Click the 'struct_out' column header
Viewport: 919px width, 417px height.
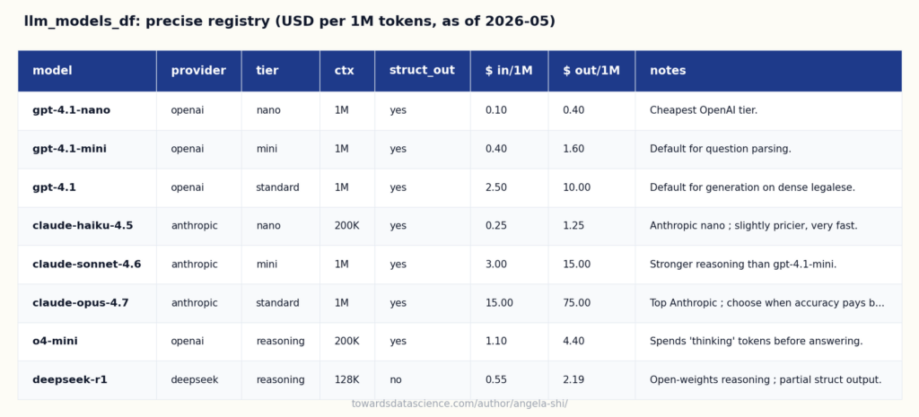422,70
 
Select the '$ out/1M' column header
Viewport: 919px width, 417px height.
591,70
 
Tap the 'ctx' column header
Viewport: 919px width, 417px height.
344,70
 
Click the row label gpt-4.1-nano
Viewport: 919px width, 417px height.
72,110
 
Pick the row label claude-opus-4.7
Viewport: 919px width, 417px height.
80,303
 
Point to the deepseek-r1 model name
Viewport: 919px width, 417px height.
70,379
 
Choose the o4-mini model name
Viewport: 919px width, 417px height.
55,341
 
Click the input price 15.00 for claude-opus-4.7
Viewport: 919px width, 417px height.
499,303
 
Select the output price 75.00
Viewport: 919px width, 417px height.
577,303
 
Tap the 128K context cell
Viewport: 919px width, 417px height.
346,379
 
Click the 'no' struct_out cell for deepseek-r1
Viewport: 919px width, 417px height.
396,380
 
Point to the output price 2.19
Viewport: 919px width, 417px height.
573,379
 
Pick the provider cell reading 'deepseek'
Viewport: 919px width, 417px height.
195,379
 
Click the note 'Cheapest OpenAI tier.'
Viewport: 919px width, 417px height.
704,110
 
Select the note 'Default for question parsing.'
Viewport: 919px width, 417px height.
721,149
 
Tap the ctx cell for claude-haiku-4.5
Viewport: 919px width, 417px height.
346,225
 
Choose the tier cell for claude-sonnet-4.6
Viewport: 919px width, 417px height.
267,265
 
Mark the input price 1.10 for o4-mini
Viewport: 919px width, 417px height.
495,341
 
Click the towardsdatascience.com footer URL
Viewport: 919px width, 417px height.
459,404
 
